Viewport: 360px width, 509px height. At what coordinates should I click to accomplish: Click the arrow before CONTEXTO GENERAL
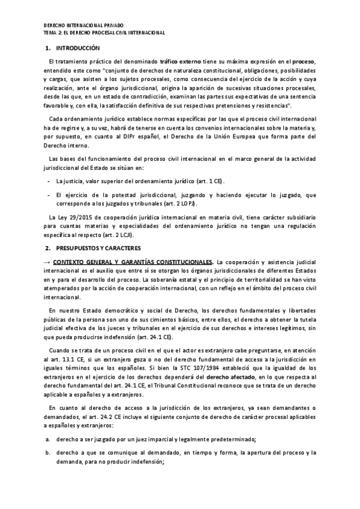47,262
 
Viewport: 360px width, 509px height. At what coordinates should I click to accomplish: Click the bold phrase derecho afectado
231,367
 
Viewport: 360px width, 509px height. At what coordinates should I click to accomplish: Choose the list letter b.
46,454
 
